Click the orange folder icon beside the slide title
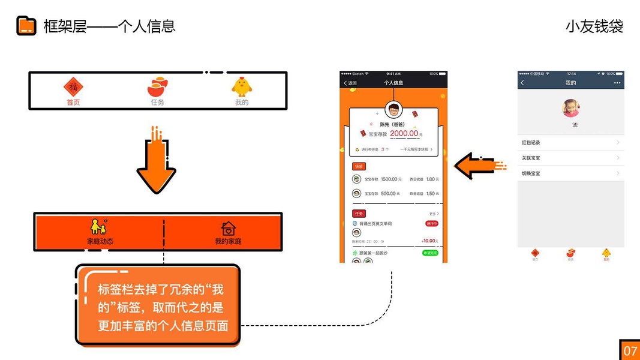(x=26, y=26)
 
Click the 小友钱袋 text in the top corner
(x=594, y=26)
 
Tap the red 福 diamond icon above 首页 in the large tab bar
(x=73, y=87)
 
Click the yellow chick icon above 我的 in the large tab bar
(x=241, y=87)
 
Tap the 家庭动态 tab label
(x=100, y=241)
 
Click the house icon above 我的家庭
(x=228, y=228)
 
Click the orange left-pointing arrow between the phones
(x=477, y=165)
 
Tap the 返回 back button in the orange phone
(x=350, y=83)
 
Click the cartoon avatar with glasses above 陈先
(x=393, y=110)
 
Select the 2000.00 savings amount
(x=404, y=134)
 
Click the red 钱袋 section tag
(x=358, y=166)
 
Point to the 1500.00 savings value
(x=389, y=179)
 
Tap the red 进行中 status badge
(x=431, y=223)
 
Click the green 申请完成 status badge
(x=430, y=253)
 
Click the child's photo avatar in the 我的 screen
(x=570, y=108)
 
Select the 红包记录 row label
(x=531, y=143)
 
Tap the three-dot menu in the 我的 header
(x=617, y=83)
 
